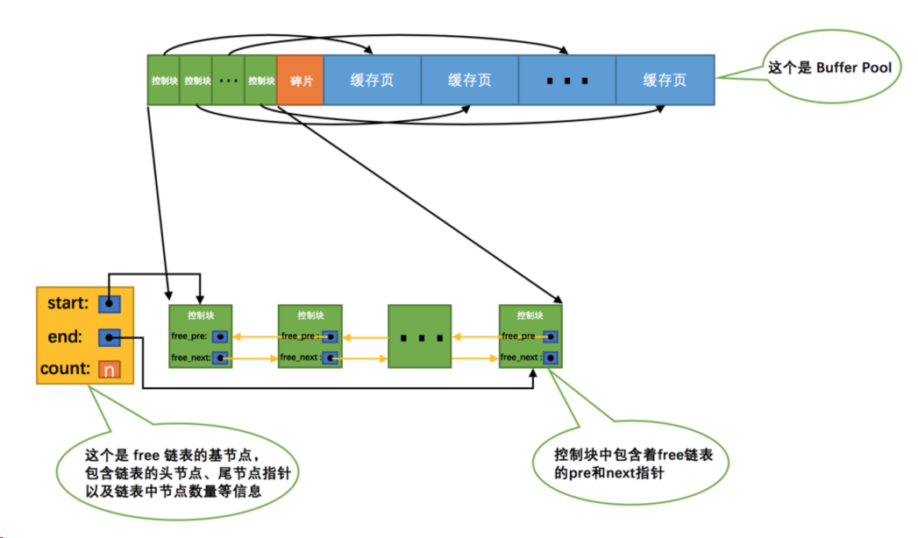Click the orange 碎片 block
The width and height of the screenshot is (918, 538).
pyautogui.click(x=300, y=80)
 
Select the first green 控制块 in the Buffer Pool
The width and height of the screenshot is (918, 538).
pyautogui.click(x=164, y=80)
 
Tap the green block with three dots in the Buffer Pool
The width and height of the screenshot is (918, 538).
pyautogui.click(x=228, y=80)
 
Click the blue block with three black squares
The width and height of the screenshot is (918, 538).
pyautogui.click(x=566, y=80)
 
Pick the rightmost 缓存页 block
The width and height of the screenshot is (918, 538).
pyautogui.click(x=665, y=80)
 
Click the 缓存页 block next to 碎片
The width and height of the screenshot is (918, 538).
pyautogui.click(x=372, y=80)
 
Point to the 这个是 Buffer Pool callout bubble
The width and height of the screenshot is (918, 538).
pyautogui.click(x=829, y=67)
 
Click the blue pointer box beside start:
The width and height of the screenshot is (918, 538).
pyautogui.click(x=109, y=304)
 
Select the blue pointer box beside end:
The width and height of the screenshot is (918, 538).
pyautogui.click(x=109, y=336)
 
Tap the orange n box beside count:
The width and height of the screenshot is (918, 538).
pyautogui.click(x=109, y=369)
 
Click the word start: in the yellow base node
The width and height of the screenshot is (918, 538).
pyautogui.click(x=66, y=304)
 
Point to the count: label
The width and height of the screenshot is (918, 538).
pyautogui.click(x=66, y=369)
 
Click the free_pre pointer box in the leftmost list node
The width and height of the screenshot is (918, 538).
pyautogui.click(x=219, y=336)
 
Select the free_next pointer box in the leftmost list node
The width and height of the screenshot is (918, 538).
pyautogui.click(x=219, y=357)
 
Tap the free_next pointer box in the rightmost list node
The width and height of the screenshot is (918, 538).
pyautogui.click(x=550, y=357)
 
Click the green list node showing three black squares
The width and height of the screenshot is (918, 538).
pyautogui.click(x=419, y=336)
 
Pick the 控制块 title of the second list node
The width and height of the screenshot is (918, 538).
pyautogui.click(x=310, y=315)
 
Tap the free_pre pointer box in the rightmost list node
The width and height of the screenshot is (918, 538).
pyautogui.click(x=550, y=336)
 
